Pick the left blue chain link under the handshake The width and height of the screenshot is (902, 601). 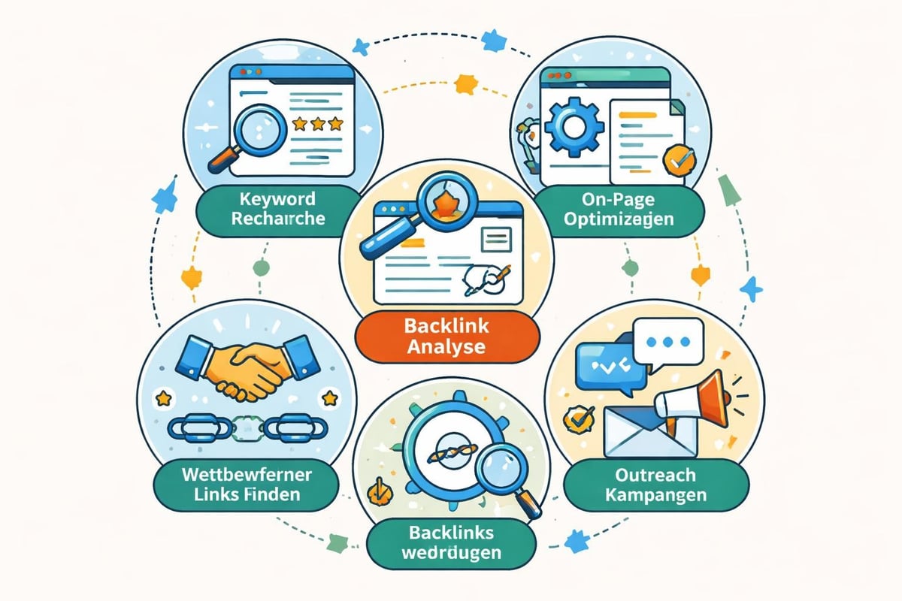[x=192, y=428]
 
